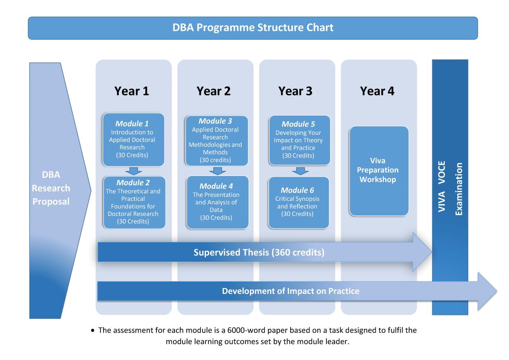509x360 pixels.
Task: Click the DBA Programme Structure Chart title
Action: pyautogui.click(x=253, y=28)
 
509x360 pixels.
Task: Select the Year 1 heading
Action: pyautogui.click(x=132, y=91)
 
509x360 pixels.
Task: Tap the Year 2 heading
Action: pyautogui.click(x=214, y=91)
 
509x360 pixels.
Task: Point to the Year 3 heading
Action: pyautogui.click(x=295, y=91)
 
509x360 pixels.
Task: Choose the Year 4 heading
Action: pyautogui.click(x=377, y=91)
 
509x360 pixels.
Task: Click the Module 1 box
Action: pyautogui.click(x=132, y=139)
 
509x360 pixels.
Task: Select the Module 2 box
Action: pyautogui.click(x=133, y=202)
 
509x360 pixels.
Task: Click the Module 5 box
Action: pyautogui.click(x=299, y=140)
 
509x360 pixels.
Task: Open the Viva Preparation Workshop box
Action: pyautogui.click(x=378, y=170)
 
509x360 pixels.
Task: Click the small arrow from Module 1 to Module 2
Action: pyautogui.click(x=133, y=171)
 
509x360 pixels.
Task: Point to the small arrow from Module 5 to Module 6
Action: pyautogui.click(x=300, y=171)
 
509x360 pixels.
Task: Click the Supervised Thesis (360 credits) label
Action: pyautogui.click(x=259, y=252)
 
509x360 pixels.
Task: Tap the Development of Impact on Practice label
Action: pyautogui.click(x=290, y=291)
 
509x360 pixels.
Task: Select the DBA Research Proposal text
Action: pyautogui.click(x=51, y=188)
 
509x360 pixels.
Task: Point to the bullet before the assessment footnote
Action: pyautogui.click(x=94, y=331)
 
